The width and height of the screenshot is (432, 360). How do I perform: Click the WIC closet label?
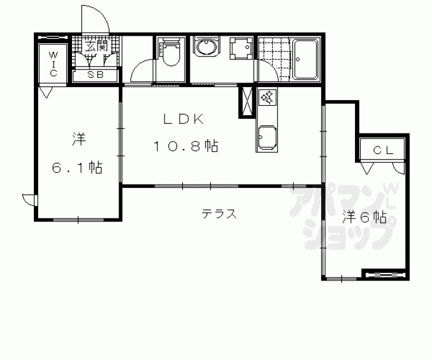pos(53,64)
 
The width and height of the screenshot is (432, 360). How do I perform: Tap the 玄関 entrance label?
pos(96,46)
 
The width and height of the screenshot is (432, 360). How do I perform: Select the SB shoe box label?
pos(96,75)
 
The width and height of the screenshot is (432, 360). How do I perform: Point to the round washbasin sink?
pos(206,46)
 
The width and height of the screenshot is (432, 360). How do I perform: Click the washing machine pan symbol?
pos(242,48)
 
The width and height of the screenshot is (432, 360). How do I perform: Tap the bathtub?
pos(306,59)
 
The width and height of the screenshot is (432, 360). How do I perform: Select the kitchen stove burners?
pos(267,97)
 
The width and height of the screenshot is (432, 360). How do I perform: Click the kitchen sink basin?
pos(267,138)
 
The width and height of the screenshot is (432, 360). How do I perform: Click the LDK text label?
pos(183,119)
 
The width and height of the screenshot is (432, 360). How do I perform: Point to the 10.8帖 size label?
pos(186,146)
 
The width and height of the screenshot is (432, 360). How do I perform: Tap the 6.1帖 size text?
pos(78,167)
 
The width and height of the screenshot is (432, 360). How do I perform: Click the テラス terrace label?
pos(219,213)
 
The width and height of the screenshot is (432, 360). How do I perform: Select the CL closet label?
pos(383,150)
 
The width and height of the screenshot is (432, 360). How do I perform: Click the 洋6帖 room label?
pos(364,218)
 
